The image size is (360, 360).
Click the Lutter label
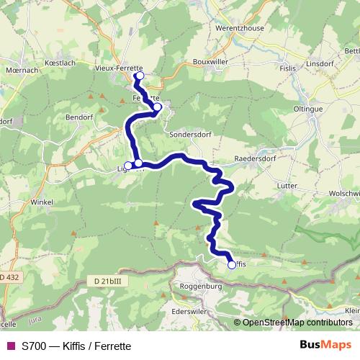click(287, 185)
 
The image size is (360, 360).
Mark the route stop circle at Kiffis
click(232, 264)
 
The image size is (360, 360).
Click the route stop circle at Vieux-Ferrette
click(140, 76)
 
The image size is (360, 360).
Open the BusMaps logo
click(326, 344)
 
